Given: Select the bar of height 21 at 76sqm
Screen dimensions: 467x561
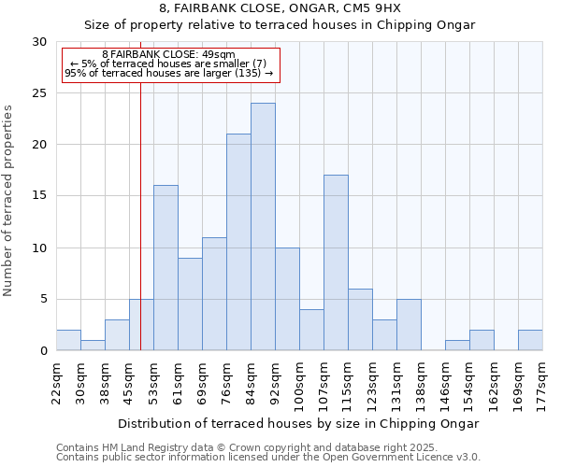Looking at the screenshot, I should [x=238, y=242].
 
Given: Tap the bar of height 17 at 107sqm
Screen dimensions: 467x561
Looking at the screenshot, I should [x=336, y=262].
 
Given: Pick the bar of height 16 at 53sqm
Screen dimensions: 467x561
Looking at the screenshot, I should [x=165, y=268].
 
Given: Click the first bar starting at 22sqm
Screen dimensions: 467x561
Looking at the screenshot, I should [x=68, y=340].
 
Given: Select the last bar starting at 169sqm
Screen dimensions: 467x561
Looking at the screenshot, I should [x=530, y=340].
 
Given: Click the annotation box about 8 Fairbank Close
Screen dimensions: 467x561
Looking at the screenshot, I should [x=170, y=64].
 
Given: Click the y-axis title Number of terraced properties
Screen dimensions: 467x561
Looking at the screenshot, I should [x=8, y=201].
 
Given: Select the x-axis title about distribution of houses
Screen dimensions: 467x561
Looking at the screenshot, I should [x=299, y=423].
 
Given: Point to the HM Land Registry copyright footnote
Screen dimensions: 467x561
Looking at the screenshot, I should [x=247, y=447].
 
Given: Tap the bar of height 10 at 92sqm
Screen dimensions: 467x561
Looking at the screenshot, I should [x=287, y=299].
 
